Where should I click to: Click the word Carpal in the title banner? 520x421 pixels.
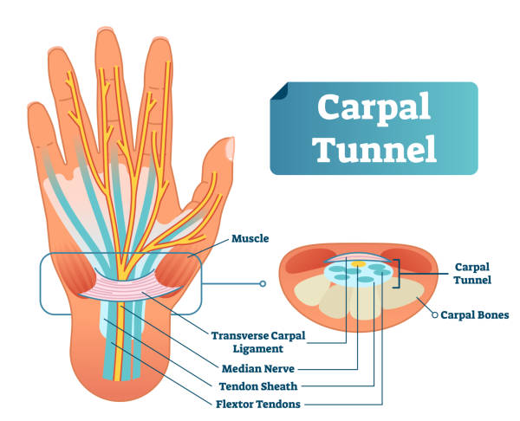pyautogui.click(x=374, y=108)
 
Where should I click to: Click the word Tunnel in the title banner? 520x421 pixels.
pyautogui.click(x=375, y=148)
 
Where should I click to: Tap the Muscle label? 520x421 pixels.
pyautogui.click(x=250, y=238)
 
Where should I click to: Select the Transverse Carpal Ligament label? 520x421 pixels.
pyautogui.click(x=258, y=342)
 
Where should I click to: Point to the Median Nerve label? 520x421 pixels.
pyautogui.click(x=258, y=368)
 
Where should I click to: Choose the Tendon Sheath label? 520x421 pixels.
pyautogui.click(x=258, y=386)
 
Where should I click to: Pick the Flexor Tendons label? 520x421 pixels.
pyautogui.click(x=258, y=404)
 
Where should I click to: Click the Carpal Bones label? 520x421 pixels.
pyautogui.click(x=475, y=315)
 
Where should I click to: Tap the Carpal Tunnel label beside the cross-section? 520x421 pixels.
pyautogui.click(x=472, y=274)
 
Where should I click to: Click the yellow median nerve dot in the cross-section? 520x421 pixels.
pyautogui.click(x=359, y=264)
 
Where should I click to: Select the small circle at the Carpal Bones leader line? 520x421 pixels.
pyautogui.click(x=435, y=315)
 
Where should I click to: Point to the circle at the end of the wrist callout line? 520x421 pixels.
pyautogui.click(x=263, y=284)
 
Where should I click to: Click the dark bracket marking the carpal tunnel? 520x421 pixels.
pyautogui.click(x=397, y=274)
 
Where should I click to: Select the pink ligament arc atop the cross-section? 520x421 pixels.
pyautogui.click(x=357, y=257)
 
